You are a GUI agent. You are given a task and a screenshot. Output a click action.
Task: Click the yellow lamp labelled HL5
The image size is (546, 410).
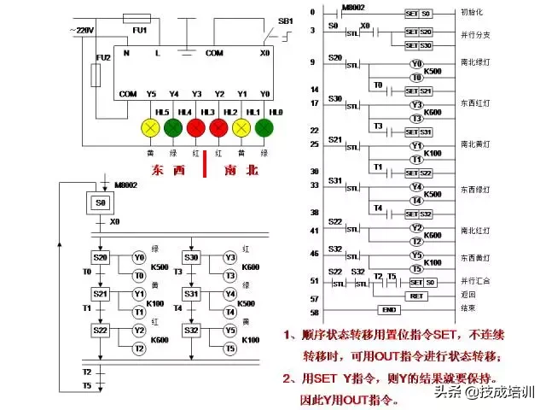(x=151, y=128)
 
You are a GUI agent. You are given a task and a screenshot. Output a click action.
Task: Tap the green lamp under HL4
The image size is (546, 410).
(x=174, y=128)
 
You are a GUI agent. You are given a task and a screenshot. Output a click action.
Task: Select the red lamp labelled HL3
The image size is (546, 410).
(x=196, y=128)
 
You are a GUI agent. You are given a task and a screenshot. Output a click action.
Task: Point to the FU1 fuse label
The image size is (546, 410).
(x=140, y=30)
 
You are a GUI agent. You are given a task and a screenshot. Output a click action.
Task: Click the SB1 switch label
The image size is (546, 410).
(x=286, y=20)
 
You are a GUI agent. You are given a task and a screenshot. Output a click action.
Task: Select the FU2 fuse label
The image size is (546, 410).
(x=104, y=57)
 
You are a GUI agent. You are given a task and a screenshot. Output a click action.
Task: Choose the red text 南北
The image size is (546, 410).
(x=241, y=170)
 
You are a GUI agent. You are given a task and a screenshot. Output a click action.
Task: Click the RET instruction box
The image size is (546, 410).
(x=416, y=296)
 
